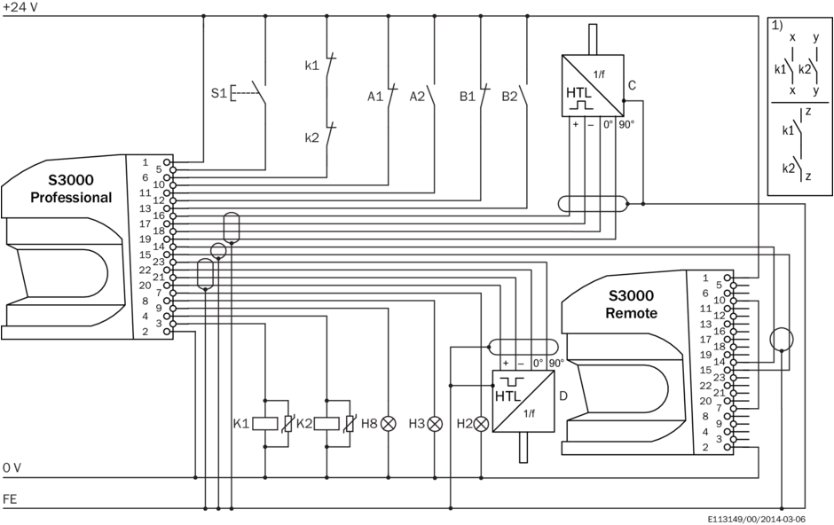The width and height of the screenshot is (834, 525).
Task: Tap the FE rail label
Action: point(9,499)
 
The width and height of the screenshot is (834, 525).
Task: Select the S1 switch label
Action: point(218,92)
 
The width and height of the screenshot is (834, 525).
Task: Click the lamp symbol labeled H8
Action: point(388,424)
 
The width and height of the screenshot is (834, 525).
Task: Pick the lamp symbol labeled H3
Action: point(435,424)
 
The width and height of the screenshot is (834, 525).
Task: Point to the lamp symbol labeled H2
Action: point(482,424)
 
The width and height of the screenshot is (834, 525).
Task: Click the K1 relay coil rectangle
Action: point(266,424)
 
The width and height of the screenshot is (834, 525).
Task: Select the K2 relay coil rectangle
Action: point(327,424)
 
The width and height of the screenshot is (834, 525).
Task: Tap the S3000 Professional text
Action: point(71,189)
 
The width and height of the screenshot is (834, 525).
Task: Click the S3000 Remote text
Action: point(631,304)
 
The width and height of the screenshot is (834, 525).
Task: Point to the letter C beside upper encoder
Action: point(632,86)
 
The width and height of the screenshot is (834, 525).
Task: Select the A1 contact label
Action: point(376,95)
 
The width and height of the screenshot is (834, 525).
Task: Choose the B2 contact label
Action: point(509,95)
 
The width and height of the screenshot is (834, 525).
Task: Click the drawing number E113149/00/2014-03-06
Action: point(757,518)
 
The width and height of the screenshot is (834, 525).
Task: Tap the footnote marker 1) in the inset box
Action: point(778,25)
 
